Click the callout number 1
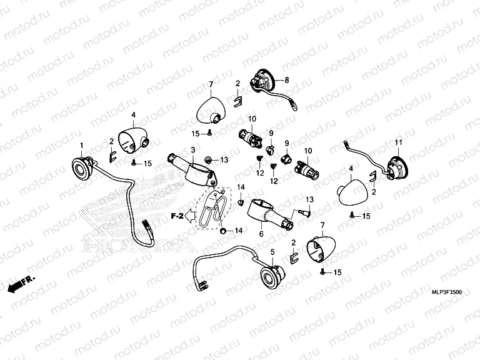tap(81, 146)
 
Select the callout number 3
tap(193, 150)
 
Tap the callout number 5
tap(272, 252)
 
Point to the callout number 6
tap(261, 234)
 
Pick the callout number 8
tap(287, 80)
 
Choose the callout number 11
tap(398, 142)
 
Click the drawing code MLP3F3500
tap(447, 292)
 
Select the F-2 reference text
tap(177, 216)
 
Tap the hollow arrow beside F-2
tap(191, 216)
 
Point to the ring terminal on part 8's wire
tap(294, 107)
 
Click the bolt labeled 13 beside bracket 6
tap(305, 212)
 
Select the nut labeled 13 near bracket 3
tap(208, 159)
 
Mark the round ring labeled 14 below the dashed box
tap(224, 231)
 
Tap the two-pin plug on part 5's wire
tap(202, 286)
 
